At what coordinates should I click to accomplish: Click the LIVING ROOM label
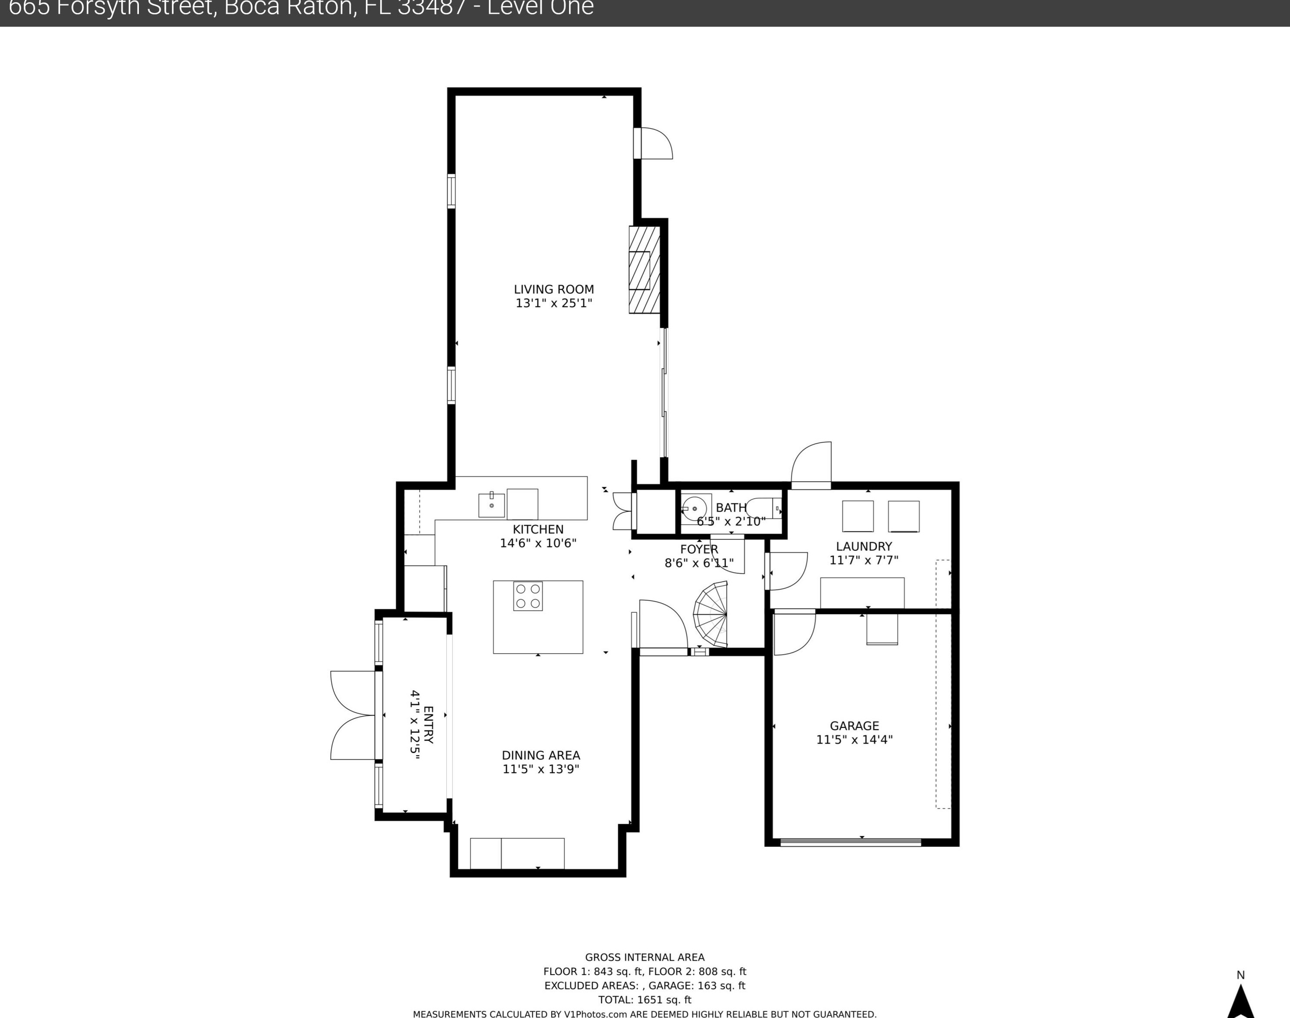[x=554, y=289]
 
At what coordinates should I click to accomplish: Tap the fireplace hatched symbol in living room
[x=645, y=270]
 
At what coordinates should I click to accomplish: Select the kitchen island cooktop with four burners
[x=528, y=596]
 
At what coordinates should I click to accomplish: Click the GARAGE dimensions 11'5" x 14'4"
[x=854, y=740]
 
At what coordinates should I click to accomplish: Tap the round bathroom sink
[x=694, y=509]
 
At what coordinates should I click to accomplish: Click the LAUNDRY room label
[x=864, y=546]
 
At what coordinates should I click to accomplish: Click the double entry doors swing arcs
[x=352, y=715]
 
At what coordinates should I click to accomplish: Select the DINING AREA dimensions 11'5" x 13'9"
[x=541, y=769]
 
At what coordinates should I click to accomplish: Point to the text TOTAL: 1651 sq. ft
[x=645, y=999]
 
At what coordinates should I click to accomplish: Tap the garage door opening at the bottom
[x=850, y=842]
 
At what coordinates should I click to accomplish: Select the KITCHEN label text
[x=538, y=529]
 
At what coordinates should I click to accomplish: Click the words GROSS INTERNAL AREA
[x=645, y=957]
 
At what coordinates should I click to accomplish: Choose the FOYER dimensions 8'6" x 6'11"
[x=699, y=563]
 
